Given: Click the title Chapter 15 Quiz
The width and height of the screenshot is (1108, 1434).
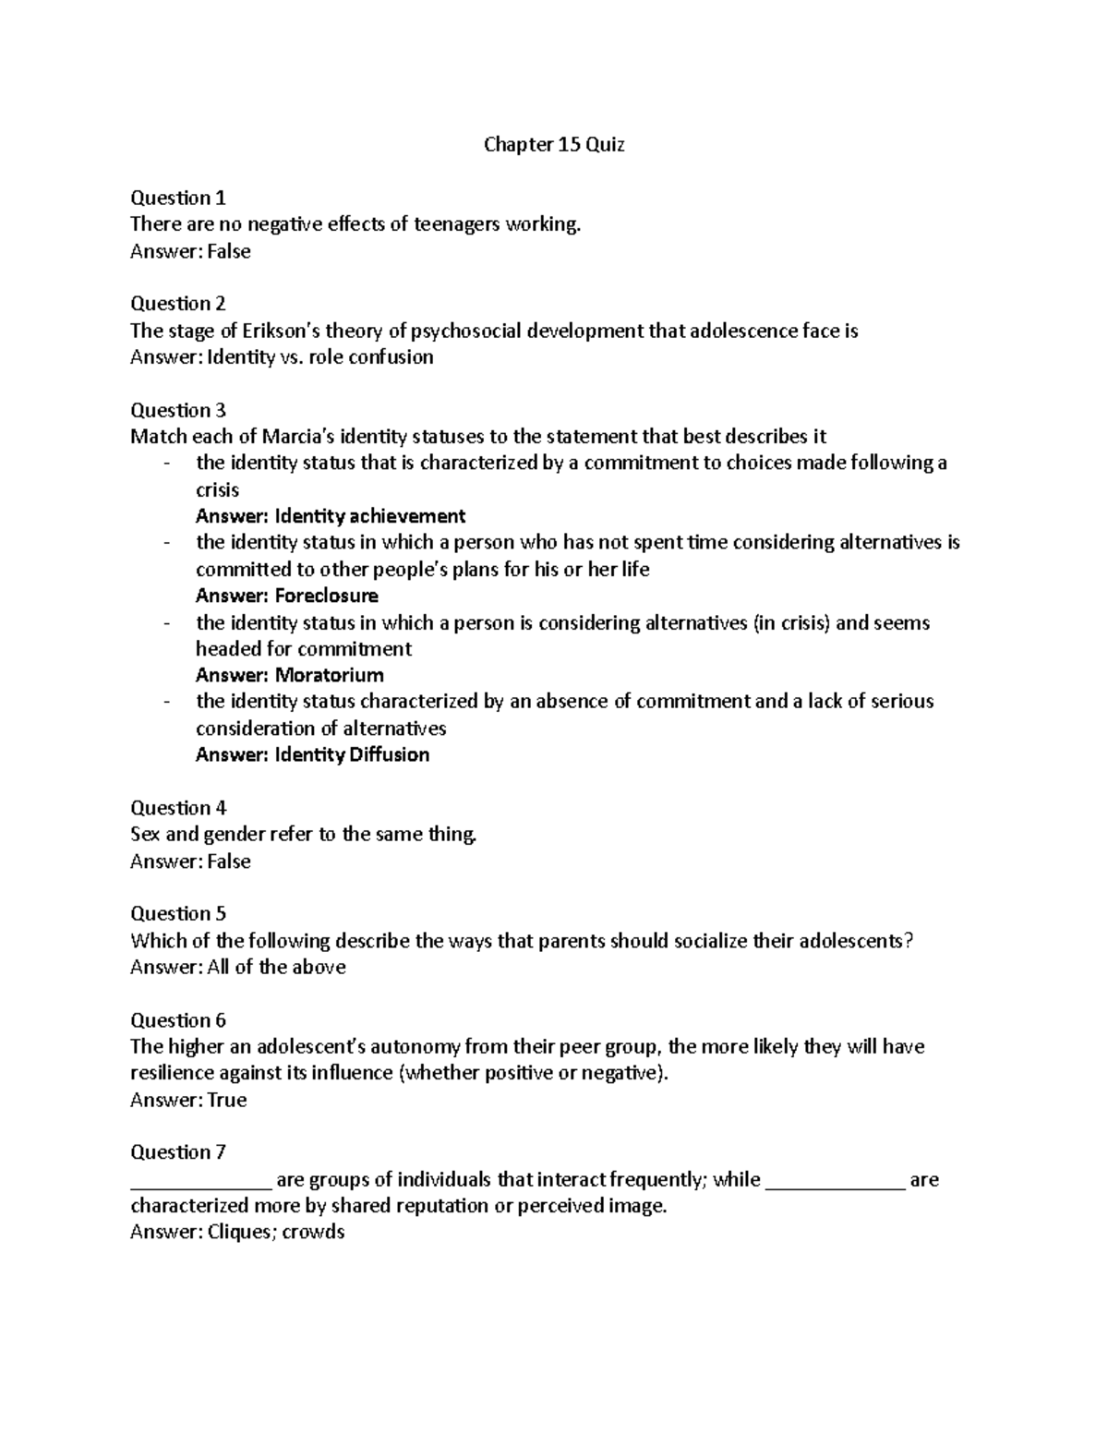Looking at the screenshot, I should (554, 145).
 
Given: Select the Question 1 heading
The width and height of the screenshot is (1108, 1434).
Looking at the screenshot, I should (178, 198).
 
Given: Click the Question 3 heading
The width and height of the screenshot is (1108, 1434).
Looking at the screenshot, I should (178, 410).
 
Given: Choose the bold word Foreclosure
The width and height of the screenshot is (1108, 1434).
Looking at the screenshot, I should (327, 596).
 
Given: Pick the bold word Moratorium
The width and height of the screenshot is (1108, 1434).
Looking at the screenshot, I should (330, 675).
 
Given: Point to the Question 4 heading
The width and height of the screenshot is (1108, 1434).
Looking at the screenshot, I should (178, 808).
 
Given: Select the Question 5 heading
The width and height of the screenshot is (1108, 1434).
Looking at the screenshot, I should (178, 914).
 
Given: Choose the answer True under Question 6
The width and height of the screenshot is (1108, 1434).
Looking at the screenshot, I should (227, 1100).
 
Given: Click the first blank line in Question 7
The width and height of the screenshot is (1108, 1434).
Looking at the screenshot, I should (200, 1182).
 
